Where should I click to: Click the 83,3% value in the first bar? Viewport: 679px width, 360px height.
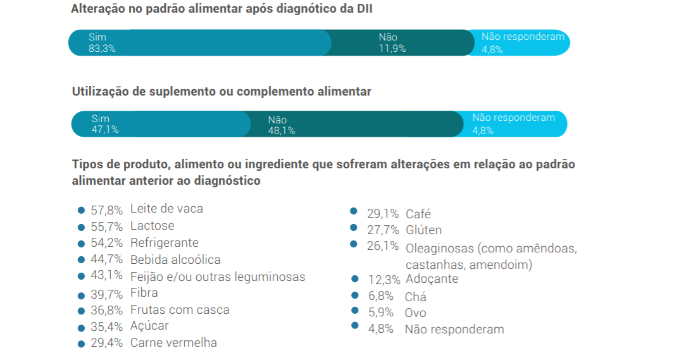[x=102, y=48]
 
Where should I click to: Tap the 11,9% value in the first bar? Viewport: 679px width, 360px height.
[x=392, y=48]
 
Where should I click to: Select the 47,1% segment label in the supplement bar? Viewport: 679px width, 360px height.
[x=105, y=130]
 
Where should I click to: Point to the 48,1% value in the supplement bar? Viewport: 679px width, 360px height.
[x=282, y=131]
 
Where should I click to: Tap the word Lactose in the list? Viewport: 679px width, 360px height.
[x=152, y=226]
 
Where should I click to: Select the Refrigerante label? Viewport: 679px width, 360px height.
[x=164, y=243]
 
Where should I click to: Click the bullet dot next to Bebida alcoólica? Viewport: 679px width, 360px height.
[x=81, y=260]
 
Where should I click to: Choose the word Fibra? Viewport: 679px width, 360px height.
[x=144, y=293]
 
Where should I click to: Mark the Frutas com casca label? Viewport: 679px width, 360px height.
[x=180, y=310]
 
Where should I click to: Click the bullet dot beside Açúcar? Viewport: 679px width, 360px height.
[x=81, y=328]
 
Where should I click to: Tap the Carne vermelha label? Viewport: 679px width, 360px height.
[x=173, y=343]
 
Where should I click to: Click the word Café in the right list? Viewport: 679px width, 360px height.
[x=418, y=214]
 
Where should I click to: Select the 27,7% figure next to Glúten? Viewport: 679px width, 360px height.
[x=383, y=230]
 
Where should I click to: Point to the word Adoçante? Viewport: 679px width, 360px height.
[x=432, y=279]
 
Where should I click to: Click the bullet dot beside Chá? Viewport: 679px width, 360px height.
[x=355, y=296]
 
